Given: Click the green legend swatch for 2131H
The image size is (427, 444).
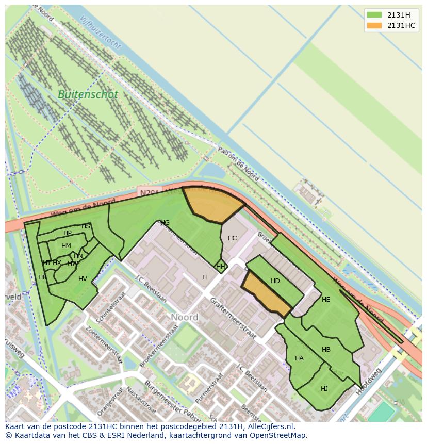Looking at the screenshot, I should (x=374, y=14).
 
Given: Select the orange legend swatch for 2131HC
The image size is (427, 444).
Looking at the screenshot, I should (x=374, y=25).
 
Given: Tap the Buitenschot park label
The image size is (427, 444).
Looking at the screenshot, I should (x=88, y=95).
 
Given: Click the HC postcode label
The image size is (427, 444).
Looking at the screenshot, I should (x=232, y=238).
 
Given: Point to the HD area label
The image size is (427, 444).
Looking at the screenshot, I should (x=275, y=281).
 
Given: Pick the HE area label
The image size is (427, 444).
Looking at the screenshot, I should (x=326, y=300).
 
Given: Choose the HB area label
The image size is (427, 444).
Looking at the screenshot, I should (x=326, y=350).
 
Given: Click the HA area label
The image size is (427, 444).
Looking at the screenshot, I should (x=299, y=358).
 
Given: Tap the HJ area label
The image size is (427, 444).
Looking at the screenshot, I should (x=324, y=389).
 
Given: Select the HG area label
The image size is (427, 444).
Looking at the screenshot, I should (x=165, y=223).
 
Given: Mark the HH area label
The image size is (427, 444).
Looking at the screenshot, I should (x=221, y=267).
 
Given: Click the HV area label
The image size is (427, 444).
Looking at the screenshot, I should (x=83, y=279).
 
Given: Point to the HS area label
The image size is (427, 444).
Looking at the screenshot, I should (x=86, y=226).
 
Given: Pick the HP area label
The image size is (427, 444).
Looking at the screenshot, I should (x=68, y=233).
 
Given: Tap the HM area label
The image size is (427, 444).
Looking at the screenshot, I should (x=66, y=246).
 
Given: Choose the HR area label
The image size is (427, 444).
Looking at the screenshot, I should (x=42, y=277).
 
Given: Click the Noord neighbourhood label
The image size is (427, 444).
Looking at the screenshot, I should (x=185, y=317).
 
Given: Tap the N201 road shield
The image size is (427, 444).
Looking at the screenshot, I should (x=150, y=192).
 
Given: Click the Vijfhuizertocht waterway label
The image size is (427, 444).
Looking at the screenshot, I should (x=101, y=32).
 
